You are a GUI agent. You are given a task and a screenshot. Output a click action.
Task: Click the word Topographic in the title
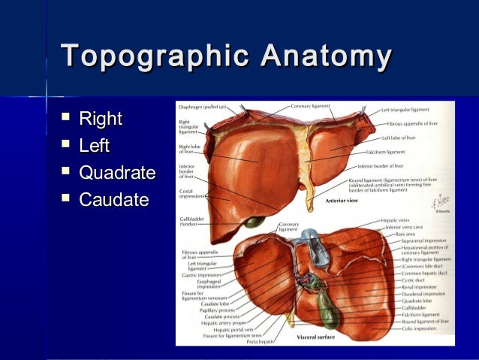tap(153, 57)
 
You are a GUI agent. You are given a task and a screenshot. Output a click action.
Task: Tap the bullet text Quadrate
tap(117, 173)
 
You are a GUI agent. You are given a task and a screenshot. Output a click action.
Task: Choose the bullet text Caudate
tap(114, 200)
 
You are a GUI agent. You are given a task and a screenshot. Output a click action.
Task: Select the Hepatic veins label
tap(396, 220)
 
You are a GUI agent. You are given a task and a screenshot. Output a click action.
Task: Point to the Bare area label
tap(407, 234)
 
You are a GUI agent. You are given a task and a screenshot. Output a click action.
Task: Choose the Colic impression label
tap(416, 327)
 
